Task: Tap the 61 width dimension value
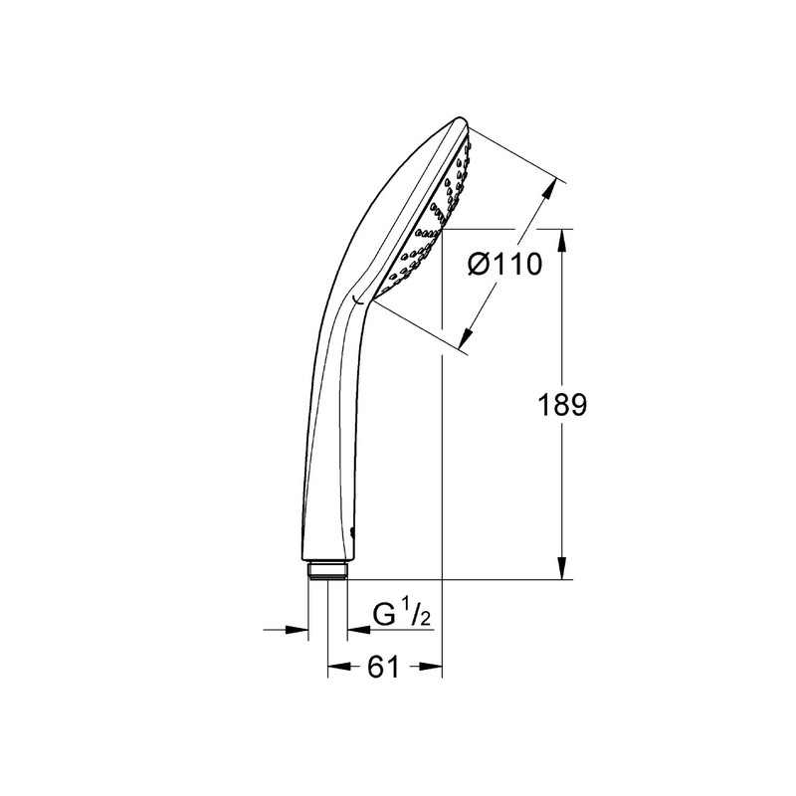(383, 668)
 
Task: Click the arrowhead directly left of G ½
(355, 629)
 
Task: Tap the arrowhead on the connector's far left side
(298, 629)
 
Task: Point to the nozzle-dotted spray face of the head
(428, 219)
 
